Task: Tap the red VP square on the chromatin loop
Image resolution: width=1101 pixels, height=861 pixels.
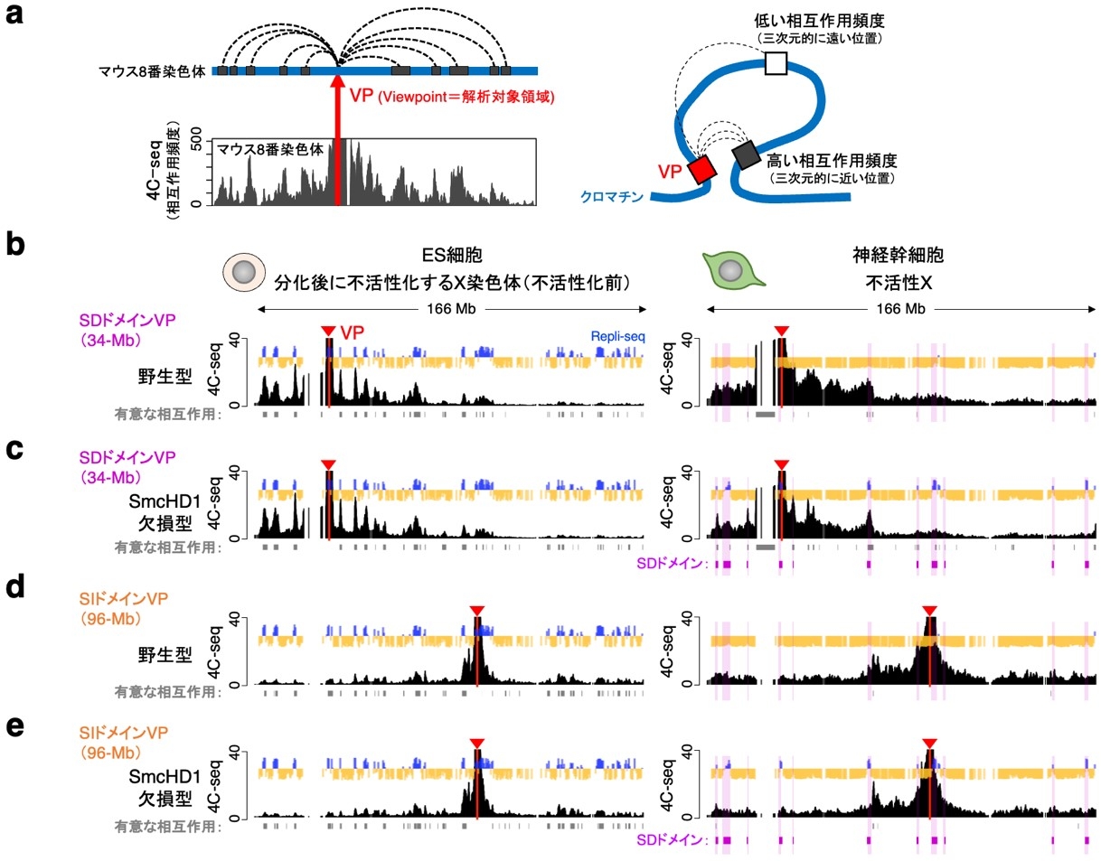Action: coord(701,169)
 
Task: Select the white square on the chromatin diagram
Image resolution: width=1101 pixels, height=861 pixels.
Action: coord(775,63)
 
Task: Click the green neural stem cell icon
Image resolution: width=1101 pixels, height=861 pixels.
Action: coord(734,270)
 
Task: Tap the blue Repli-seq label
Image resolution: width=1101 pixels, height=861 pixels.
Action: coord(618,336)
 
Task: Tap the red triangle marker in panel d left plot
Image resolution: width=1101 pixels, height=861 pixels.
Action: coord(477,611)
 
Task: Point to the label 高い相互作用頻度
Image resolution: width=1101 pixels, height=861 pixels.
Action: coord(832,161)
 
